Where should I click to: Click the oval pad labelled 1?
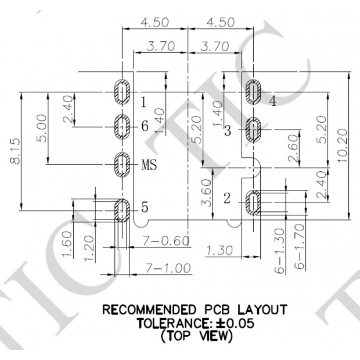(x=122, y=91)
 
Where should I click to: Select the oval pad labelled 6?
(x=122, y=127)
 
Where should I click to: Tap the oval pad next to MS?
(x=122, y=164)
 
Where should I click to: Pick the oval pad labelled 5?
(x=122, y=209)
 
